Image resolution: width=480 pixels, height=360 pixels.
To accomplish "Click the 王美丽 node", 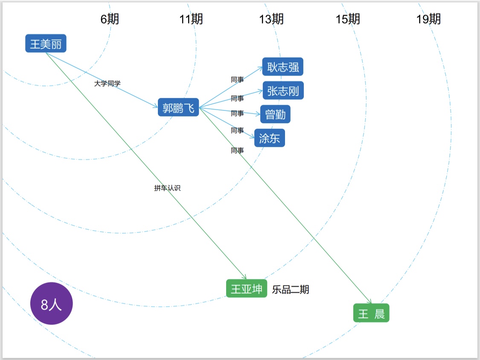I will click(x=46, y=44).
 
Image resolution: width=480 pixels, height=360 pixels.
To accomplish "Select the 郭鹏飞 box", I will click(x=178, y=107).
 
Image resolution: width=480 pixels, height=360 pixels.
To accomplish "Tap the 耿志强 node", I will click(x=282, y=67).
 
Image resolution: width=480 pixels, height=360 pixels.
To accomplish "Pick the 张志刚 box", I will click(x=283, y=90).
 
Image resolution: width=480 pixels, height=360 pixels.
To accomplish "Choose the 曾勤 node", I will click(x=275, y=114).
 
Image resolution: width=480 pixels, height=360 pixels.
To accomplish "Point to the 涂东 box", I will click(x=269, y=138).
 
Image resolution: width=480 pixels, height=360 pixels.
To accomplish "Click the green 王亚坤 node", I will click(x=247, y=289).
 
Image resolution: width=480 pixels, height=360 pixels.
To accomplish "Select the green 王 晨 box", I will click(x=371, y=314).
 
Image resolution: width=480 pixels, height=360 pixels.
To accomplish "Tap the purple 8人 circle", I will click(x=52, y=304).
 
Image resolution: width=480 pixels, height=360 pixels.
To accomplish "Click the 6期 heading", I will click(x=110, y=19).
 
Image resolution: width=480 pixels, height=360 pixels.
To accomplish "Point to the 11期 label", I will click(x=191, y=19).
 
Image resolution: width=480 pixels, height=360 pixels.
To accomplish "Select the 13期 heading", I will click(x=271, y=19).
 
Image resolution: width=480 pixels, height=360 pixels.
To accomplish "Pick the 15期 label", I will click(x=348, y=19).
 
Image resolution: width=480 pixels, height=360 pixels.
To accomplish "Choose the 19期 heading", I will click(x=428, y=19).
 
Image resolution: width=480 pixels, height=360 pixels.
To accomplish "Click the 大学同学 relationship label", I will click(x=107, y=83).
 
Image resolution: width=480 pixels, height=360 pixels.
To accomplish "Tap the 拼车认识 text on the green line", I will click(x=167, y=188).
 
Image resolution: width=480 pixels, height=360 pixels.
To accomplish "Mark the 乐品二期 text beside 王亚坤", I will click(x=291, y=290).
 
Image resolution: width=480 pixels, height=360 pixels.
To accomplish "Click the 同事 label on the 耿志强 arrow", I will click(x=237, y=79).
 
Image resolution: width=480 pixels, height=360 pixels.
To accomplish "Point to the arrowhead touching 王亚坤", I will click(x=244, y=277).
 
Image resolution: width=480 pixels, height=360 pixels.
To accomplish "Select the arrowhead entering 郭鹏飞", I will click(x=155, y=106).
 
